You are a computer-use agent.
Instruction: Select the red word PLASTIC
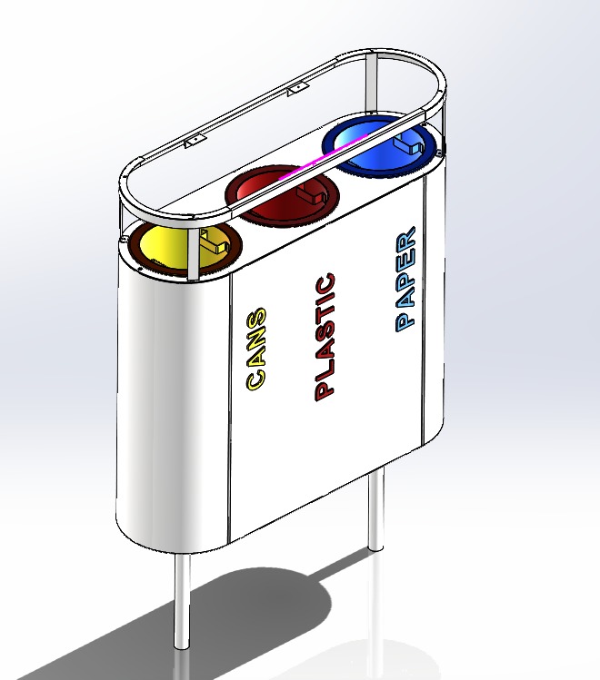coord(325,337)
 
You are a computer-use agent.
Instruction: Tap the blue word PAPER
coord(406,279)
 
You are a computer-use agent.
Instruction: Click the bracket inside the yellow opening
coord(215,243)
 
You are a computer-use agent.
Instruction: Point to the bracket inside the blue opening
coord(408,144)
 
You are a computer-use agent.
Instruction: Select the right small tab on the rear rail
coord(295,91)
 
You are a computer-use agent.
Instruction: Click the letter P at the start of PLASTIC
coord(325,389)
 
